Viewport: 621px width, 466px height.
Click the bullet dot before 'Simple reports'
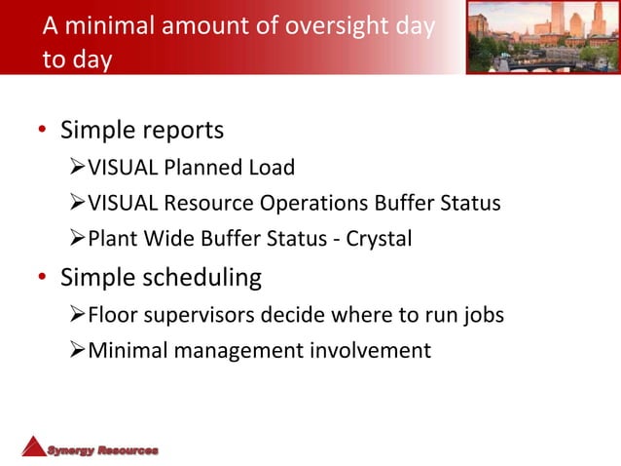click(x=42, y=132)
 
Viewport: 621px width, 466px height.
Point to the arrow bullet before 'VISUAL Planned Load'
click(x=78, y=168)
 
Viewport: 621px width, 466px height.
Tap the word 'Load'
click(x=271, y=168)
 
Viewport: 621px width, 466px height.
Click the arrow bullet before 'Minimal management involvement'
click(x=78, y=351)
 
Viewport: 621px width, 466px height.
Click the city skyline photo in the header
click(x=542, y=37)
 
